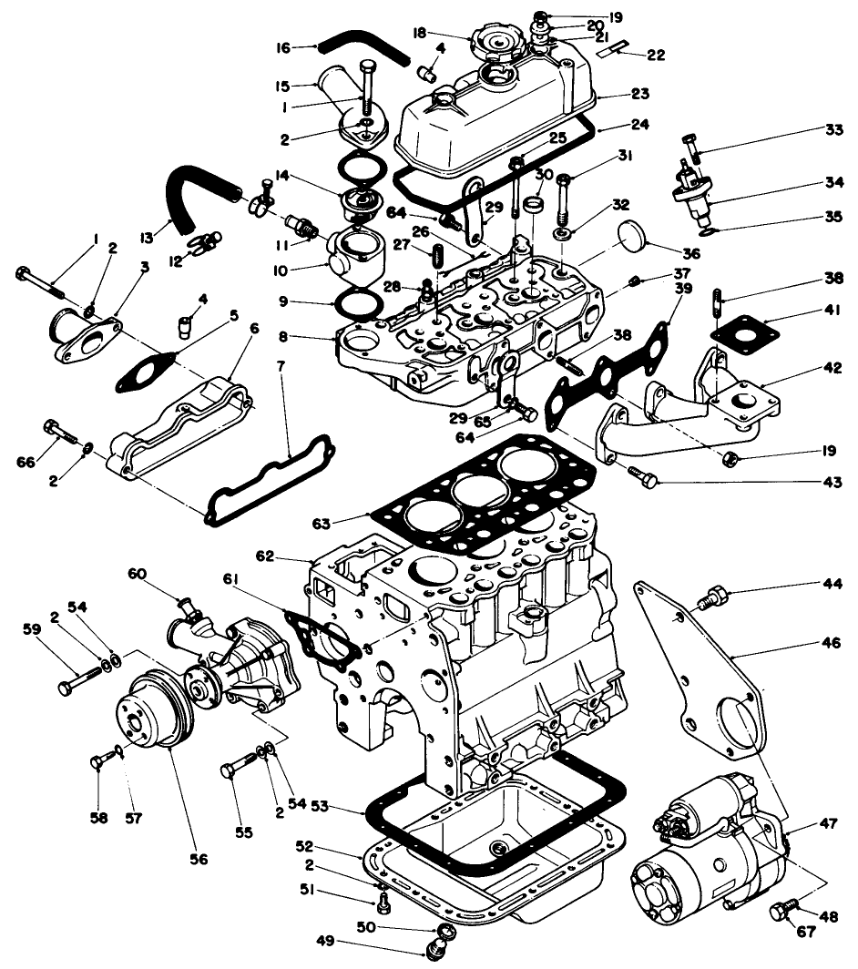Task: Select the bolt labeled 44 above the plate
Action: coord(715,598)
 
